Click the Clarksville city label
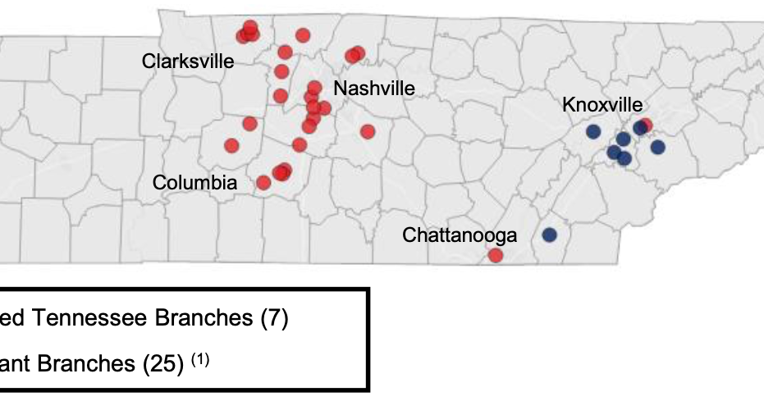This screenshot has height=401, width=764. (188, 62)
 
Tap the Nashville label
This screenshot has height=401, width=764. (374, 89)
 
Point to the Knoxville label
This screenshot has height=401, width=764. (602, 105)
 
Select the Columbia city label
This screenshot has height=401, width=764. (194, 183)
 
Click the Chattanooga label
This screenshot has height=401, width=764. (460, 236)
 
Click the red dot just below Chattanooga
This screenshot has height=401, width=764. (495, 255)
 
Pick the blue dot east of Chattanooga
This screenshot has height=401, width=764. (549, 235)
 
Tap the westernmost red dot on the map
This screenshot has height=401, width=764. (231, 145)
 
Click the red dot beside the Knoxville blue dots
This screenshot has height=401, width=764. (646, 125)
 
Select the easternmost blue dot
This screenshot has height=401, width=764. (658, 147)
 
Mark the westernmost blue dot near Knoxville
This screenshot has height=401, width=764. (592, 131)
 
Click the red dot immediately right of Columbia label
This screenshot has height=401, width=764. (263, 182)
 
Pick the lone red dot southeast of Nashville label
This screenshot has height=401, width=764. (367, 131)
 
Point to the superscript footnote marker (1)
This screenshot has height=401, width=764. (202, 358)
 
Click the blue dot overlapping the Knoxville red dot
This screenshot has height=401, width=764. (639, 128)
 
